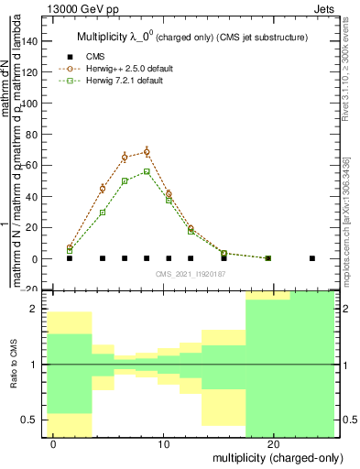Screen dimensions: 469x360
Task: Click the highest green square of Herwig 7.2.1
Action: click(147, 171)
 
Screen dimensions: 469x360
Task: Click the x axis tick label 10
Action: click(164, 443)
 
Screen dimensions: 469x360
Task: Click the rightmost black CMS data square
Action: click(312, 258)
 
